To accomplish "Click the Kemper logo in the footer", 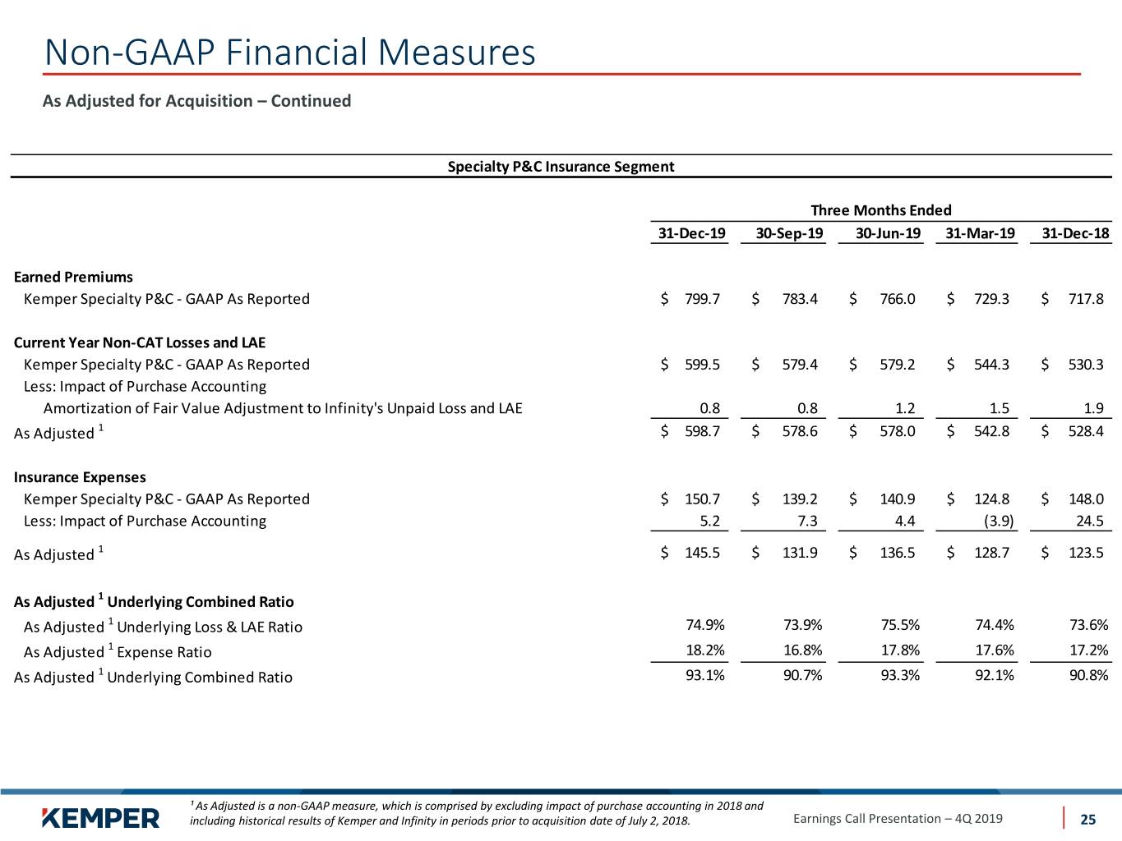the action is (x=100, y=819).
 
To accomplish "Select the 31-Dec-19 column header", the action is (x=691, y=233).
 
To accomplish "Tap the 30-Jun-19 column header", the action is (x=888, y=233).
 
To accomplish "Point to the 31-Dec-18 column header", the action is (x=1075, y=233).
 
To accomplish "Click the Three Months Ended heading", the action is (x=880, y=210).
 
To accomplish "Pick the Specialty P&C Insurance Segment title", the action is (x=561, y=167).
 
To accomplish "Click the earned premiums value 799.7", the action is (x=702, y=299).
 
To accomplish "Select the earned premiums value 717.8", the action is (x=1086, y=299).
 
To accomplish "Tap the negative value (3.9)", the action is (x=999, y=521).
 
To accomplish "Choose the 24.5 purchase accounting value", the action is (x=1090, y=521).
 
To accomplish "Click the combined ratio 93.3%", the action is (x=900, y=676).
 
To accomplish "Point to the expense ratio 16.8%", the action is (x=802, y=650).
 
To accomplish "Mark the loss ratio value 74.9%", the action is (x=705, y=625).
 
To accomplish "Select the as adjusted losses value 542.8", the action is (x=991, y=431).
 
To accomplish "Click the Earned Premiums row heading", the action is (x=73, y=277).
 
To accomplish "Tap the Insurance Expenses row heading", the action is (x=80, y=477).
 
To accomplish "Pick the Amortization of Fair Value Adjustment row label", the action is (x=283, y=408).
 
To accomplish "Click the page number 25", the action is (x=1087, y=820).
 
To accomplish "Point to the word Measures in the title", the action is (x=456, y=52).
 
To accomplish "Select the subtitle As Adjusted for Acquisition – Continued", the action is (x=196, y=101).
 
